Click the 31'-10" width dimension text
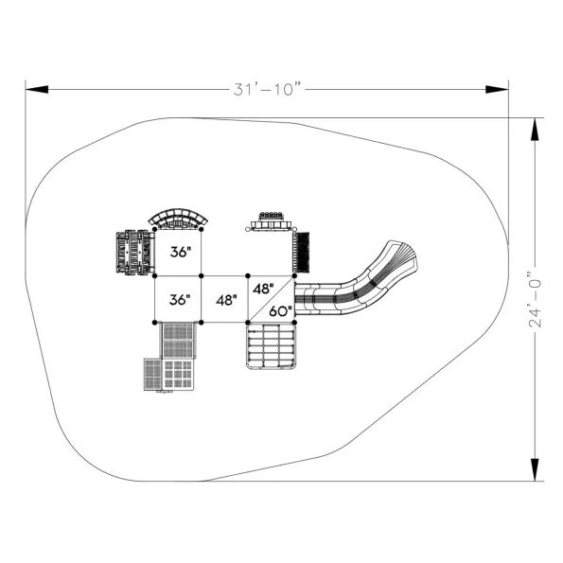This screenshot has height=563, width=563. click(267, 89)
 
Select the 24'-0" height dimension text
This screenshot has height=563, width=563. click(535, 300)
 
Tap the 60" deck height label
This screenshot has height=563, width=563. click(281, 310)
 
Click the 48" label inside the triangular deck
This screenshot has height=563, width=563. click(263, 289)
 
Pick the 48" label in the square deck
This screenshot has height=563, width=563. click(226, 300)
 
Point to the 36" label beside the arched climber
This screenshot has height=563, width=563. click(181, 252)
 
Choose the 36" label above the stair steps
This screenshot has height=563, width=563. click(180, 299)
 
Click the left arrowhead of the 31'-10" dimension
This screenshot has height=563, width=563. click(37, 89)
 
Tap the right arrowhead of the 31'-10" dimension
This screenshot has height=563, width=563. click(497, 89)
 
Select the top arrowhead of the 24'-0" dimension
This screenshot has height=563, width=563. click(535, 130)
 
